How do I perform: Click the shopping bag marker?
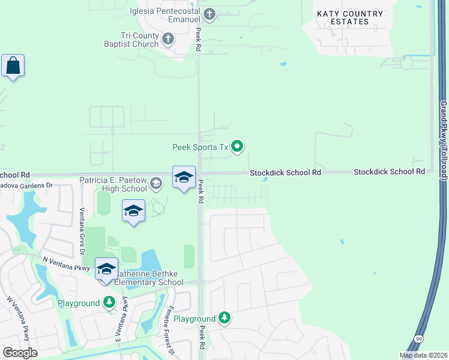coord(13,65)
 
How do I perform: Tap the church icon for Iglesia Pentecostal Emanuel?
coord(209,14)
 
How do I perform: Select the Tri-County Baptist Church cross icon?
coord(168,40)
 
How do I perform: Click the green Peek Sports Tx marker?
coord(238,146)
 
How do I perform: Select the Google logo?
coord(20,353)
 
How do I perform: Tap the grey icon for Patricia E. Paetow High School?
coord(156,184)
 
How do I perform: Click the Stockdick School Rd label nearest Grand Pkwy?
coord(389,172)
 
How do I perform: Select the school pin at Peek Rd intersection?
coord(184,177)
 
